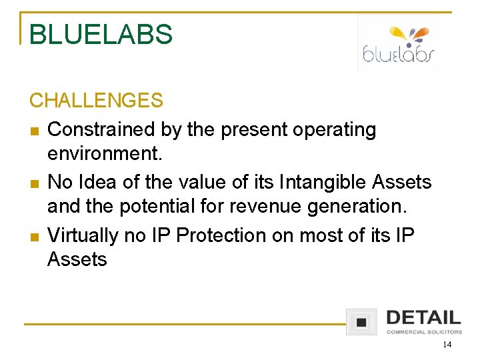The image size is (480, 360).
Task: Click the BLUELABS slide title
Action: [101, 35]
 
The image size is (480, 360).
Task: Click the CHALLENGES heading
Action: [96, 101]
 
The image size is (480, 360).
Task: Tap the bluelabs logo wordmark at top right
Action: [399, 54]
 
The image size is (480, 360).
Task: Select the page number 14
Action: [446, 345]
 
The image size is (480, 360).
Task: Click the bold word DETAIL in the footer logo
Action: [423, 318]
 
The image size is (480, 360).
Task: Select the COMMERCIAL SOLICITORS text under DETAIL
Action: [423, 331]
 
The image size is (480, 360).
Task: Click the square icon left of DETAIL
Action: [361, 322]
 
